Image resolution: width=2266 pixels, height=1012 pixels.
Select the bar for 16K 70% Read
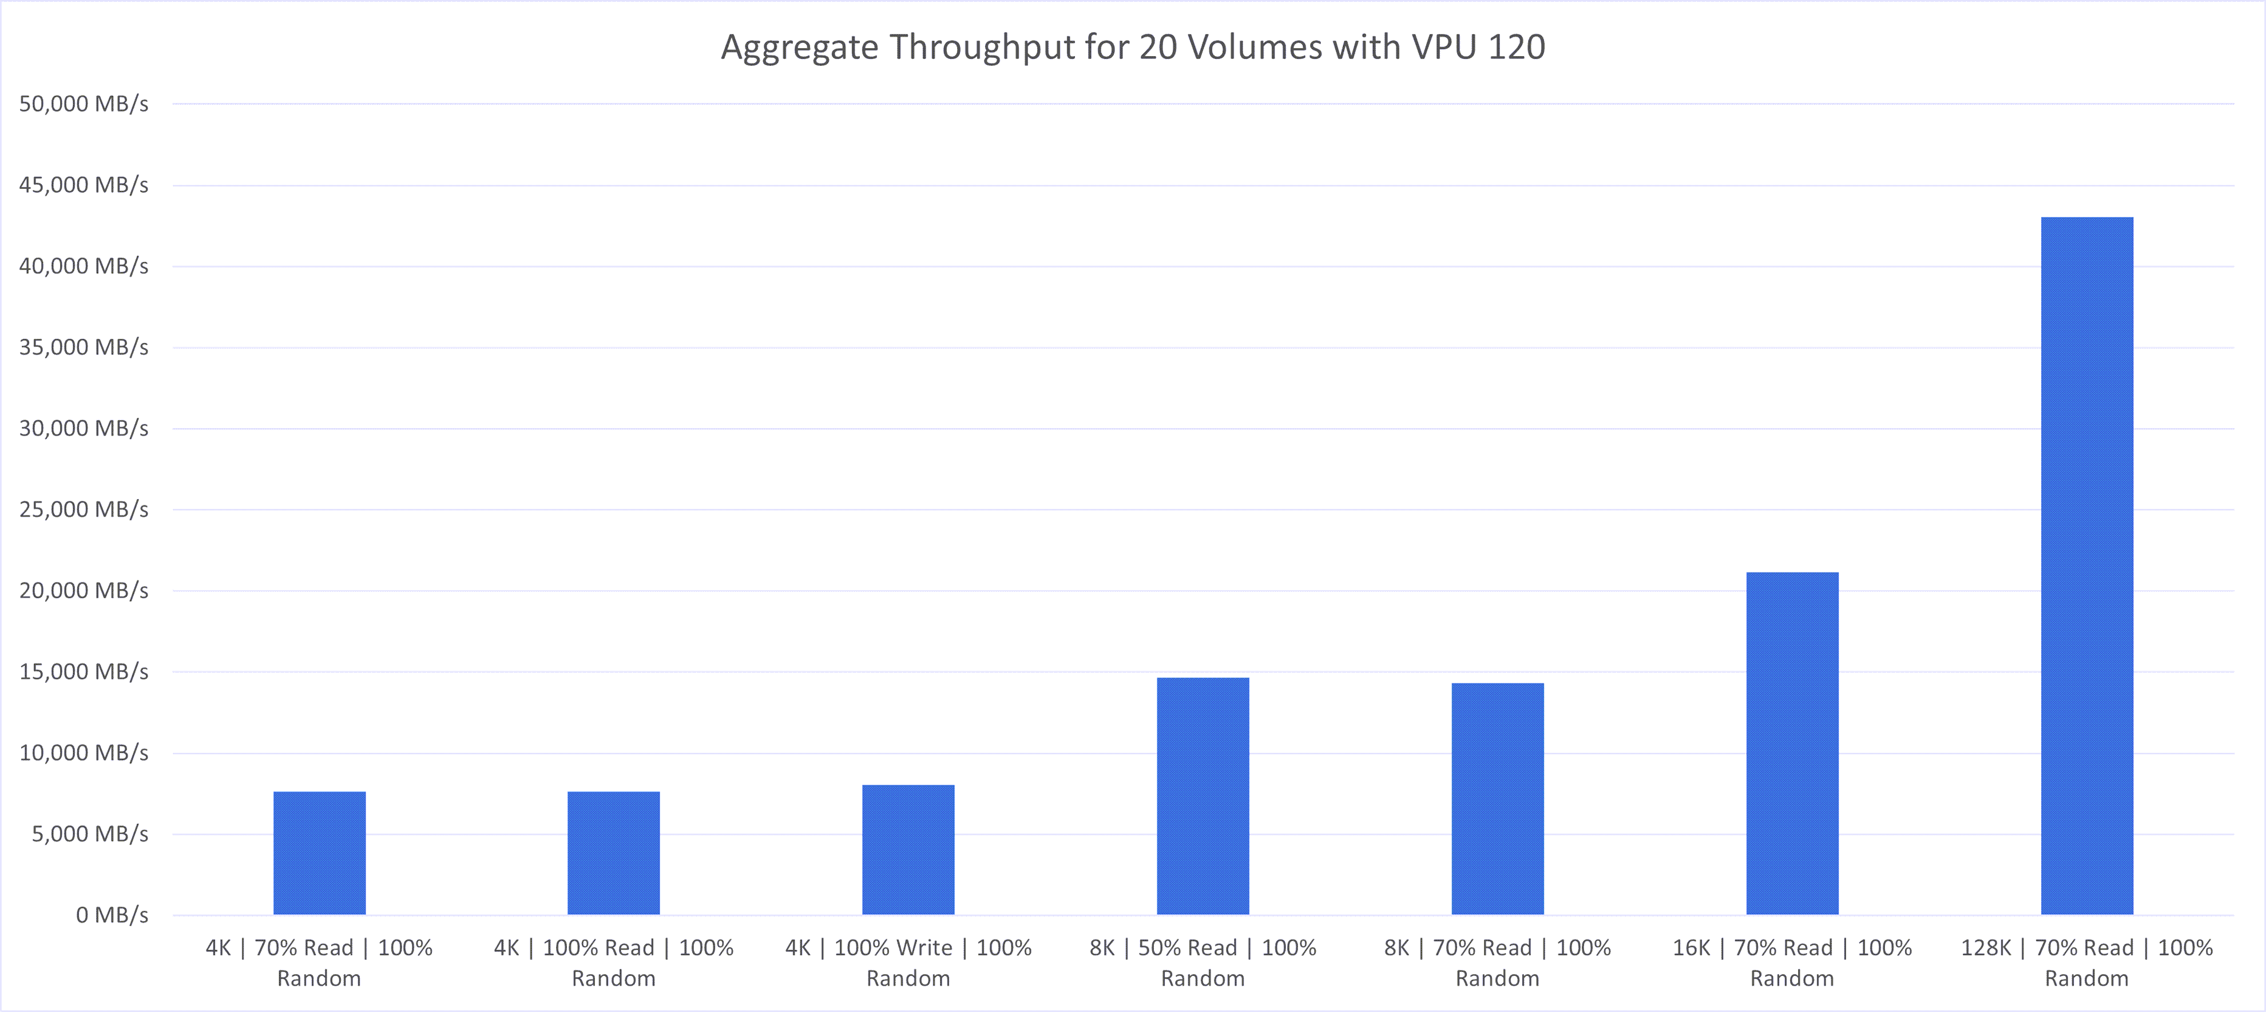pos(1792,744)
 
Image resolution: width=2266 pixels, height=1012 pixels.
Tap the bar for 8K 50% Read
pos(1203,796)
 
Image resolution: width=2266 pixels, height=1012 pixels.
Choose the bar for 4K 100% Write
pos(908,849)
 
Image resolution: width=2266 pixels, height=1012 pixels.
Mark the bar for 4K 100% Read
pos(613,853)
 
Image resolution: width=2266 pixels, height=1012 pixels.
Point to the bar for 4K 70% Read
pos(319,853)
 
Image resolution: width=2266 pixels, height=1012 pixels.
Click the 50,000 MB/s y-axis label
pos(84,104)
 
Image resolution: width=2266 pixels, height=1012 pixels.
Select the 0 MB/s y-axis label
pos(112,915)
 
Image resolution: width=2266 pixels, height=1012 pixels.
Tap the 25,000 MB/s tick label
pos(84,509)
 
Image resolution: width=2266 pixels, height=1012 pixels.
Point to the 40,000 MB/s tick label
pos(84,266)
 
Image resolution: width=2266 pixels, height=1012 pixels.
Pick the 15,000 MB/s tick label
pos(84,671)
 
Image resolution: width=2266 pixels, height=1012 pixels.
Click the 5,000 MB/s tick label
pos(90,834)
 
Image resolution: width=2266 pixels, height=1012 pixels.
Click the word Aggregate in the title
pos(799,48)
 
